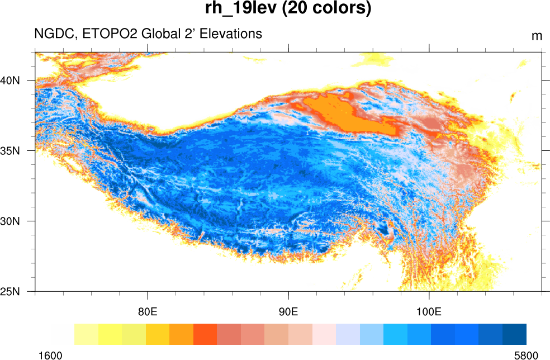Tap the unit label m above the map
point(537,36)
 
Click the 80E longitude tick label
point(148,311)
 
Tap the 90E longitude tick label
point(288,311)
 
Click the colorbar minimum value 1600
point(50,355)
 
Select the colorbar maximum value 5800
point(525,355)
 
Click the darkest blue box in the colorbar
point(514,334)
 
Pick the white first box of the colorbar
point(62,334)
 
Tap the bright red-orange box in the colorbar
point(205,334)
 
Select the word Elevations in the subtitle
point(230,34)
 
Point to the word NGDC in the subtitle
point(54,34)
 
